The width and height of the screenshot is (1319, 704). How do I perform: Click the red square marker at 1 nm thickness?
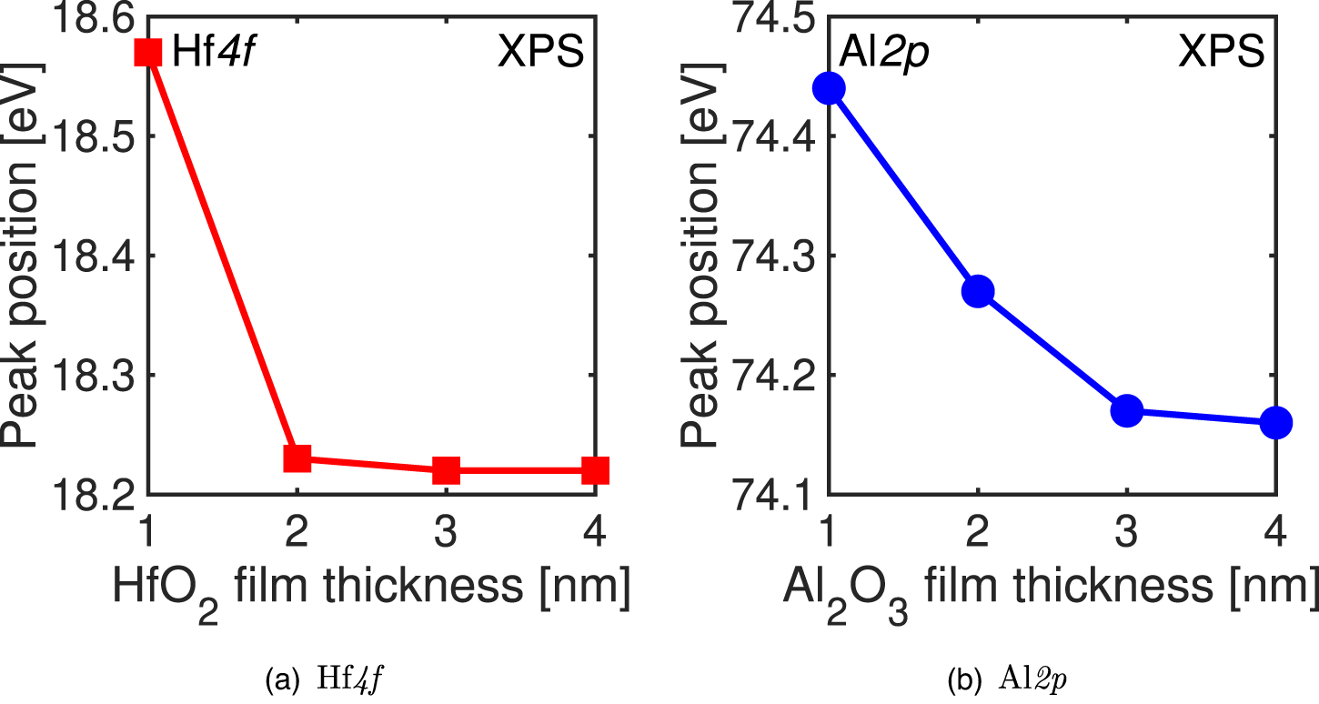point(148,53)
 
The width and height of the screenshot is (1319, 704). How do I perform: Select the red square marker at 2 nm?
point(297,458)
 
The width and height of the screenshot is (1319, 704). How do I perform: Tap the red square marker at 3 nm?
point(446,470)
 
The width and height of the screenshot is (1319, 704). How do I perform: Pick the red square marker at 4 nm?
point(594,470)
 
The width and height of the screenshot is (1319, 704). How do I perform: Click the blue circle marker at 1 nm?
point(829,88)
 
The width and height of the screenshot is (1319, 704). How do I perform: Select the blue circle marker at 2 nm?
point(977,291)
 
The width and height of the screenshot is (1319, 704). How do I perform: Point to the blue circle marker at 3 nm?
point(1127,410)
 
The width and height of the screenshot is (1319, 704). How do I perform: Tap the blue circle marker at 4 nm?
point(1275,423)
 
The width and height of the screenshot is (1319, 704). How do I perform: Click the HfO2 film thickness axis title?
point(371,591)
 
